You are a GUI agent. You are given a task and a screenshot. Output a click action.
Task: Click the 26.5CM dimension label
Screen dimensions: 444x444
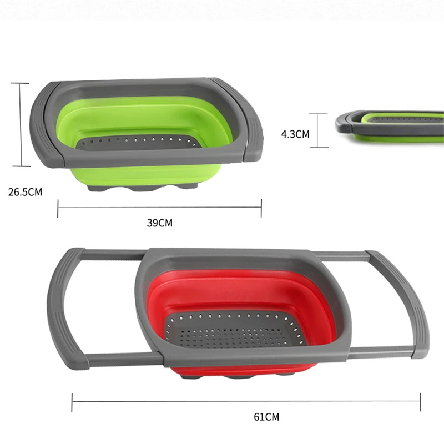point(25,192)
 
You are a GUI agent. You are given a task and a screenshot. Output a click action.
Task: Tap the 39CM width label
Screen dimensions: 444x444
point(160,223)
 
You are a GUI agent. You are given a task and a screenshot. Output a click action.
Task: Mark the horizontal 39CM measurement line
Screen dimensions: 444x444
point(160,208)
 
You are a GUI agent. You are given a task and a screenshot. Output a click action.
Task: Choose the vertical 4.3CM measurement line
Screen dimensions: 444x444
point(318,130)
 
